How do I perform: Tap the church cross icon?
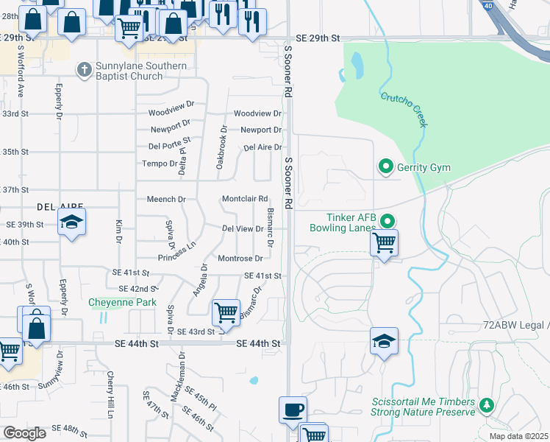[x=85, y=69]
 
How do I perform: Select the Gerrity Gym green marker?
[x=385, y=167]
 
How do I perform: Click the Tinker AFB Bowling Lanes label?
[x=351, y=222]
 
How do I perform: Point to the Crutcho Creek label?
[x=404, y=106]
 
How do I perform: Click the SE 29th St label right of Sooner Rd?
[x=318, y=37]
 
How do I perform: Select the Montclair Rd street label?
[x=245, y=199]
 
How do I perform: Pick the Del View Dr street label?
[x=243, y=229]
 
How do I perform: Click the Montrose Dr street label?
[x=240, y=259]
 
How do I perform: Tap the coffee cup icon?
[x=293, y=409]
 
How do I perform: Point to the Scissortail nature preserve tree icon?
[x=485, y=405]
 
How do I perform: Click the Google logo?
[x=24, y=433]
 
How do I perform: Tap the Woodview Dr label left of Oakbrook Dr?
[x=171, y=113]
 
